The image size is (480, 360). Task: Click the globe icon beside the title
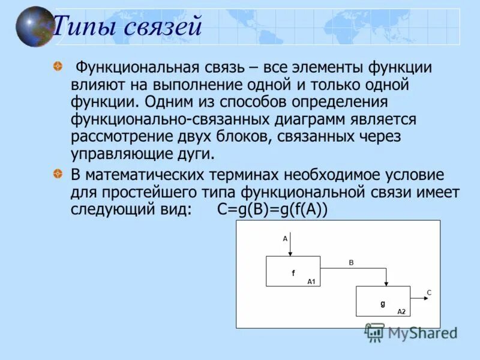34,26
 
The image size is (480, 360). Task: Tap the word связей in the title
163,27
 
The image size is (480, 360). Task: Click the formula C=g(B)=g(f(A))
273,210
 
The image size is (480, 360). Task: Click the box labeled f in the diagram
293,272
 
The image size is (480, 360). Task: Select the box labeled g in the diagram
383,301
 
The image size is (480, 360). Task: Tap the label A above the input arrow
285,238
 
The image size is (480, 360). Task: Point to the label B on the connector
351,263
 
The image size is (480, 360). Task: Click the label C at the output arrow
429,292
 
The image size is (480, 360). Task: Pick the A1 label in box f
311,281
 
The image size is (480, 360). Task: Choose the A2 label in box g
401,311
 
